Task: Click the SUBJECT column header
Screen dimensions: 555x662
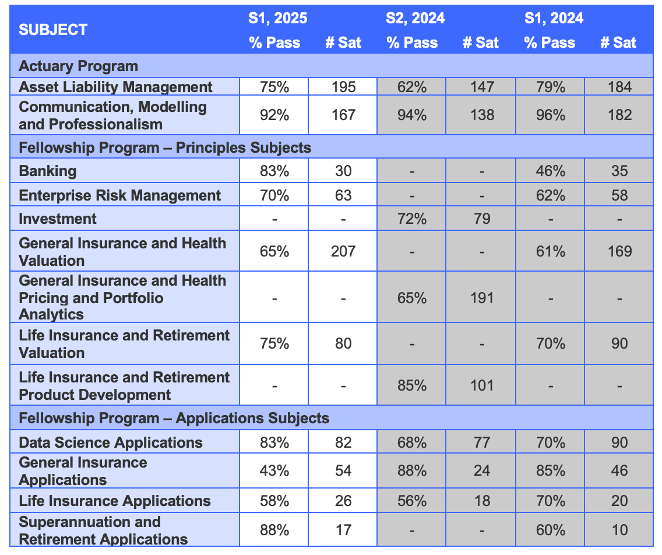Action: click(53, 30)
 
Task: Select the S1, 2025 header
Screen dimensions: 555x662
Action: click(277, 18)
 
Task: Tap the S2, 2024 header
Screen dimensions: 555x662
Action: click(415, 18)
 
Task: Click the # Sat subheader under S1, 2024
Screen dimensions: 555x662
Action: click(618, 43)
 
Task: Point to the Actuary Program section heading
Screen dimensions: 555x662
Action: click(78, 66)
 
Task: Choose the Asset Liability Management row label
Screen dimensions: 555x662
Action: click(115, 87)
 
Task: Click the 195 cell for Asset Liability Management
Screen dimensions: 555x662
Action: click(343, 87)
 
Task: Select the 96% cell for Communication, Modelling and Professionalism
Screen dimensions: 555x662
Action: click(550, 115)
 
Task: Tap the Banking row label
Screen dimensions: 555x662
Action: click(47, 171)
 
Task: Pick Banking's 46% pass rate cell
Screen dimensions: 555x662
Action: click(550, 171)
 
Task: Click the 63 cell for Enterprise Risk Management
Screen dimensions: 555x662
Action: click(343, 195)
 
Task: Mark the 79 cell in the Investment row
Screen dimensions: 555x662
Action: click(481, 219)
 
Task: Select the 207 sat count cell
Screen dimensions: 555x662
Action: click(343, 251)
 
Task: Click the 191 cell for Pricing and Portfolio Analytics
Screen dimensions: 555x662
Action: click(481, 298)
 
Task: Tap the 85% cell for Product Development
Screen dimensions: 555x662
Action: click(412, 385)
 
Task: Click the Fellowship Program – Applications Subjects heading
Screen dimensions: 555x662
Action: click(174, 418)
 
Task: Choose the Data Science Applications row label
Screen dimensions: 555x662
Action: click(111, 442)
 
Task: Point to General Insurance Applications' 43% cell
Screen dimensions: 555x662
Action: click(274, 470)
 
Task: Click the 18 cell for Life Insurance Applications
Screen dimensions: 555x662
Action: click(481, 501)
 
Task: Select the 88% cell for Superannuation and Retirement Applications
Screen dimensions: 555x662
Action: click(274, 530)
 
